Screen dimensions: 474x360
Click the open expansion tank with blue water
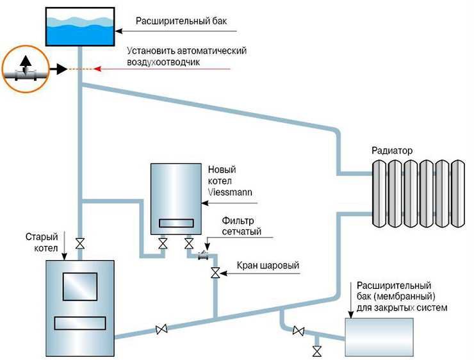pyautogui.click(x=80, y=27)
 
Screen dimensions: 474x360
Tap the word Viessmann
pyautogui.click(x=230, y=192)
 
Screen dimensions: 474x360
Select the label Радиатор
pyautogui.click(x=392, y=151)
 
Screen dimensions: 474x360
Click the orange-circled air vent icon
pyautogui.click(x=26, y=69)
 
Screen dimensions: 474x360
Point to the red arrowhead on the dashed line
pyautogui.click(x=97, y=69)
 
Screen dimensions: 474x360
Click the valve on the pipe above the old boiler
pyautogui.click(x=80, y=243)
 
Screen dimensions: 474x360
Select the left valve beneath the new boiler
pyautogui.click(x=163, y=243)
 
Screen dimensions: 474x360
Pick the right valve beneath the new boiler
pyautogui.click(x=189, y=243)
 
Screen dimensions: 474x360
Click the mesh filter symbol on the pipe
pyautogui.click(x=204, y=256)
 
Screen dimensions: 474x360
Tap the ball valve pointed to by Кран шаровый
pyautogui.click(x=215, y=274)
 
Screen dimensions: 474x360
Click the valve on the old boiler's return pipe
pyautogui.click(x=161, y=329)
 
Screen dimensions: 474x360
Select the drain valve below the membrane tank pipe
pyautogui.click(x=317, y=352)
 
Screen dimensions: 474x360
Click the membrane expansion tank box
pyautogui.click(x=379, y=337)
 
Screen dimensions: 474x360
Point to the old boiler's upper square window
pyautogui.click(x=80, y=286)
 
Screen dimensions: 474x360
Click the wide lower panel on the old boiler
pyautogui.click(x=80, y=323)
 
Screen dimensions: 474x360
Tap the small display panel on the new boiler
pyautogui.click(x=176, y=223)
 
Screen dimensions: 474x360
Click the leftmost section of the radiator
pyautogui.click(x=379, y=193)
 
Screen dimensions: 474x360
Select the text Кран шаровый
pyautogui.click(x=268, y=265)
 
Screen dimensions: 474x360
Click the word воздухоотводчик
pyautogui.click(x=163, y=62)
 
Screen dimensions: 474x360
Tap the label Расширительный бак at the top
pyautogui.click(x=181, y=21)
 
